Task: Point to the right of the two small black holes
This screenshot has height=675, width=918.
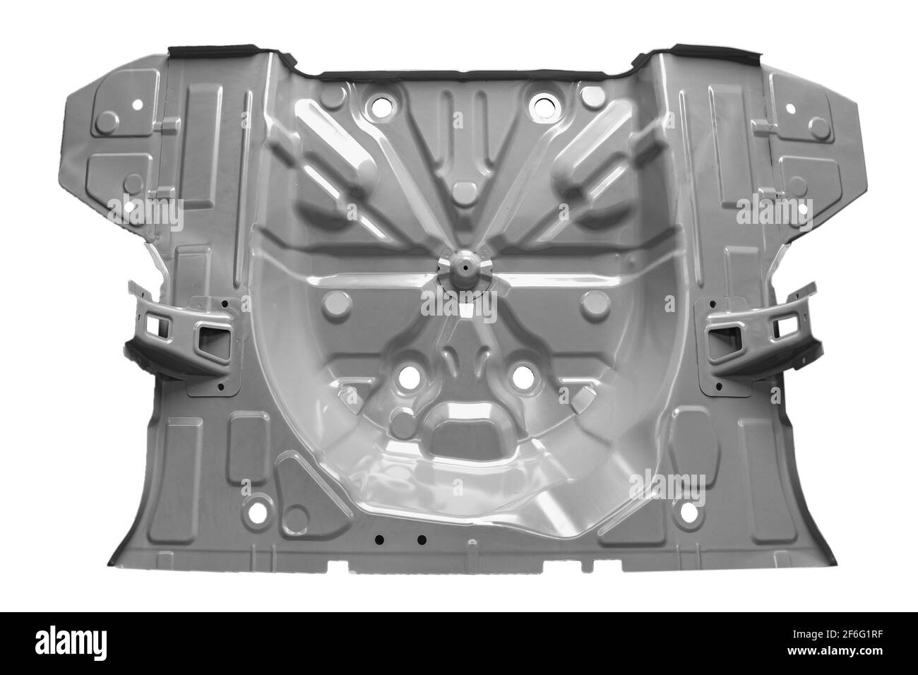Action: coord(422,540)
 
